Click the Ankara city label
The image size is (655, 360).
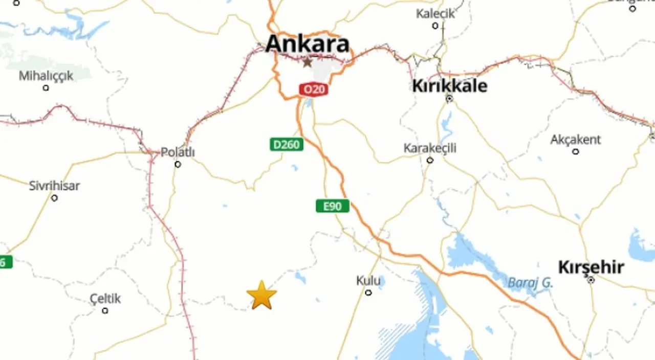coord(308,44)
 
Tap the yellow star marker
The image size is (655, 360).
coord(261,296)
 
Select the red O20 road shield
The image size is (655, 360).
coord(313,90)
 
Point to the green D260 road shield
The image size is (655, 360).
coord(286,145)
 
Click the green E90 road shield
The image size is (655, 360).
coord(332,206)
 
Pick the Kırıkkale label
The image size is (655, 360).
coord(449,86)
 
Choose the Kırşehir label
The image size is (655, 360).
coord(591,267)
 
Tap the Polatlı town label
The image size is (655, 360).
coord(178,152)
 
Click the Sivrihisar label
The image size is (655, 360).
coord(54,186)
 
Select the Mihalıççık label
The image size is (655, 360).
coord(46,76)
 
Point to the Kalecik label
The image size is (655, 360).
coord(435,13)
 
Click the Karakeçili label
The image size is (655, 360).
coord(430,148)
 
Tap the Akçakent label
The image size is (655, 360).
coord(576,140)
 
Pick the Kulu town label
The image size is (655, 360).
coord(368,281)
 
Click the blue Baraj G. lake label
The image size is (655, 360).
coord(530,282)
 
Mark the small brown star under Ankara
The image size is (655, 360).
coord(307,62)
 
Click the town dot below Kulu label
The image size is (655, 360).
coord(368,292)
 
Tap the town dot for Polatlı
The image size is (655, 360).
coord(178,164)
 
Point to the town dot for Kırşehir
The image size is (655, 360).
coord(591,280)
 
